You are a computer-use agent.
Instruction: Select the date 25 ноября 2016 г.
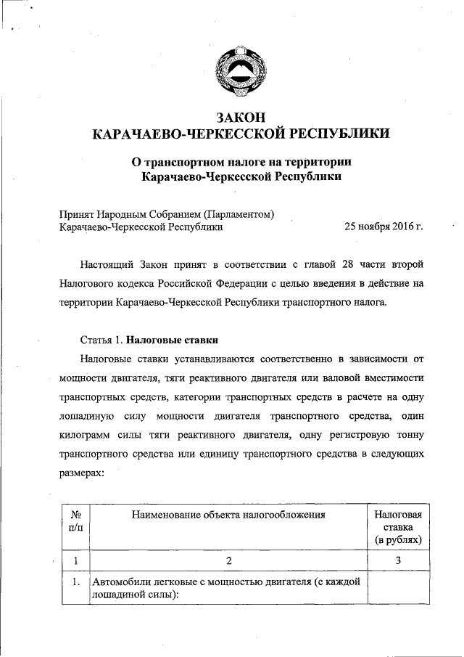tap(384, 227)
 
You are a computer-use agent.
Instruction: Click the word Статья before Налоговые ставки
tap(98, 340)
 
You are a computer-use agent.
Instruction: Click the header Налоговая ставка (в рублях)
tap(398, 526)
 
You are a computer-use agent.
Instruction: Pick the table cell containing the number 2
tap(228, 560)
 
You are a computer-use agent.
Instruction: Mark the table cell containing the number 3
tap(398, 560)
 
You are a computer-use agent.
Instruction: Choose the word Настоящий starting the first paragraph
tap(107, 262)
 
